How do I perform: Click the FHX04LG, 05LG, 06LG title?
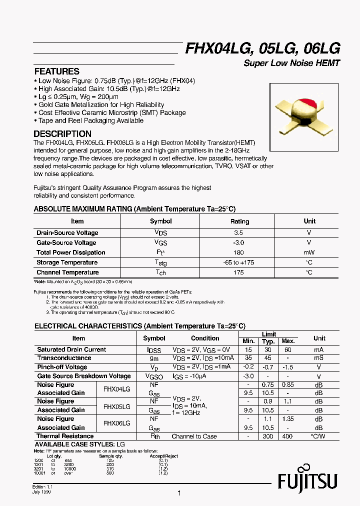coord(263,48)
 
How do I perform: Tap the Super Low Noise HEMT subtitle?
coord(291,63)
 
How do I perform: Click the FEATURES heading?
coord(56,71)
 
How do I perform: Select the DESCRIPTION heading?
coord(62,134)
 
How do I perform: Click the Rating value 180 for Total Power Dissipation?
coord(239,252)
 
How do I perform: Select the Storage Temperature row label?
coord(67,262)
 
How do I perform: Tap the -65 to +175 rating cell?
coord(239,262)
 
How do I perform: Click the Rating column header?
coord(239,221)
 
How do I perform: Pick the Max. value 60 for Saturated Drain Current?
coord(288,349)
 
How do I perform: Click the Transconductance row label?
coord(64,358)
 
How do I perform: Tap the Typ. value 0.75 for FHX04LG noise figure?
coord(269,384)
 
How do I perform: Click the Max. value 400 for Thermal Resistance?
coord(288,436)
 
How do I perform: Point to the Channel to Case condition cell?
coord(194,436)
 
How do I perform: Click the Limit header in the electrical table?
coord(268,334)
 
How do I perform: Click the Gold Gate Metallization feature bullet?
coord(101,104)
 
